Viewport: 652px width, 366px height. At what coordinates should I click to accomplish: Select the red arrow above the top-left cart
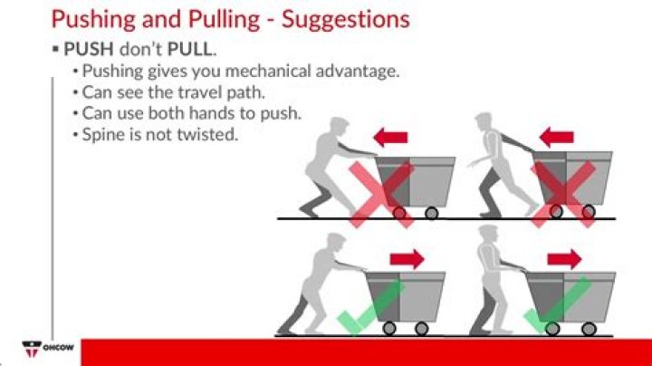coord(390,138)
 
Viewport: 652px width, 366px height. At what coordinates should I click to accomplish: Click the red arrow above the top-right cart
coord(556,138)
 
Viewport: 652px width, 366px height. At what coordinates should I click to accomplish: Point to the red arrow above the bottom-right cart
coord(564,258)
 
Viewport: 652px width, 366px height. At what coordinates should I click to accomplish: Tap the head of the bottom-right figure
coord(490,237)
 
